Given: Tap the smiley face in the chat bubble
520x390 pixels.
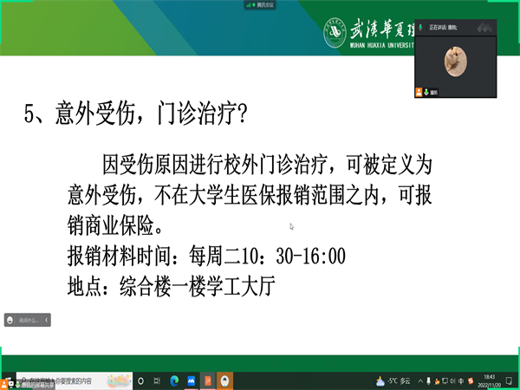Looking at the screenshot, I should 10,320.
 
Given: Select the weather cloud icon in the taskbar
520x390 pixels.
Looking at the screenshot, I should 380,380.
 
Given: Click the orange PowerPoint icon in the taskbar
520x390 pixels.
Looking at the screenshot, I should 207,380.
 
